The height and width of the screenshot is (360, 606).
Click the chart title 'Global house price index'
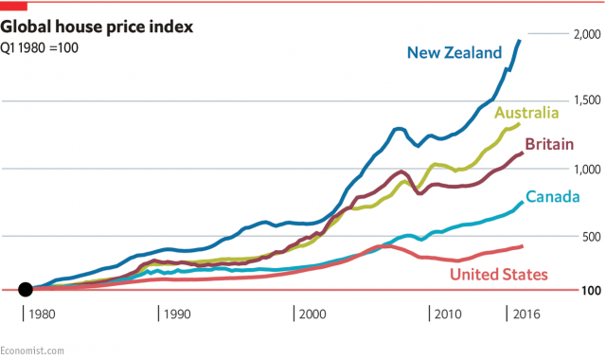97,27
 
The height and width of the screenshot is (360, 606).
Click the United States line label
498,275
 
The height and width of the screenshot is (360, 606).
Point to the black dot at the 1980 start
27,289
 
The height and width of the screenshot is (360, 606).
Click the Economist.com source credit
32,350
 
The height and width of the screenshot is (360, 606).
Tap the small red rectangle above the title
12,6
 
